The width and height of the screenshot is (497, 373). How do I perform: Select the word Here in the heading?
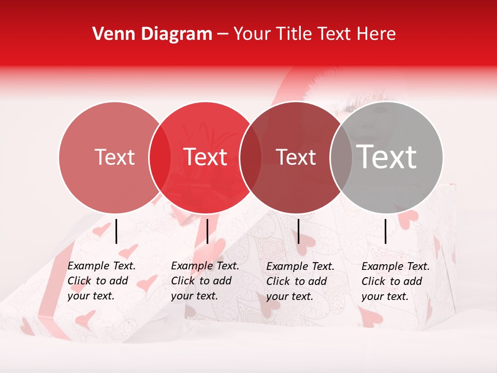tap(377, 34)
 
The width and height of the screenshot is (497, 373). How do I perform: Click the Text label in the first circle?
tap(114, 157)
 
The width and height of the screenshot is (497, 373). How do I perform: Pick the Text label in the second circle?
tap(206, 157)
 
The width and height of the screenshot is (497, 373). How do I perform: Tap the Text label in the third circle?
tap(296, 157)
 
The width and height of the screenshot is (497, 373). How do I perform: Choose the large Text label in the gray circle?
tap(387, 157)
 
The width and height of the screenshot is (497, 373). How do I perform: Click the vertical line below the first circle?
tap(116, 231)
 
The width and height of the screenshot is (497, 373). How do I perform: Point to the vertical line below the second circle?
tap(207, 231)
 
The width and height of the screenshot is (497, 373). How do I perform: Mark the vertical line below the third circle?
tap(298, 231)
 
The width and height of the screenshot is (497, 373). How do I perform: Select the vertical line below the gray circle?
tap(385, 231)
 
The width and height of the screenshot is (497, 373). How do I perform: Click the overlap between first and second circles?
tap(159, 157)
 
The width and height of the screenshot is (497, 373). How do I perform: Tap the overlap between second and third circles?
tap(251, 157)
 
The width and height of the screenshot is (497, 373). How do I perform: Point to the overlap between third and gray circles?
tap(341, 157)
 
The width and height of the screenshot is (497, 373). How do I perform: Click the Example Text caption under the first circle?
tap(101, 281)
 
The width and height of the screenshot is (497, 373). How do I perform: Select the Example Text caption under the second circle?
tap(205, 281)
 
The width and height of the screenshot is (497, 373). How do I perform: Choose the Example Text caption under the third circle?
tap(300, 281)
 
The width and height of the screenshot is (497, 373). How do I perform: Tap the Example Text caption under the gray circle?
tap(396, 281)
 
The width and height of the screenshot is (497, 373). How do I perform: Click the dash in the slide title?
tap(223, 35)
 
